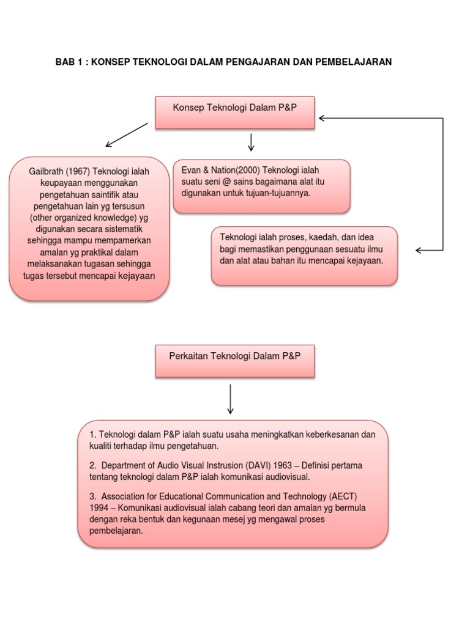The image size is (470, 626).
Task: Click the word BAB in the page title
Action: click(64, 62)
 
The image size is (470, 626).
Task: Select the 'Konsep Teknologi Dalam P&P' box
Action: click(235, 112)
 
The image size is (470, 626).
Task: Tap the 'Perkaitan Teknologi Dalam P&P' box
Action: click(235, 360)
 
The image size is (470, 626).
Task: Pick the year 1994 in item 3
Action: click(100, 507)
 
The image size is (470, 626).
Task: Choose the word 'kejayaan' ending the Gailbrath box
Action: click(137, 275)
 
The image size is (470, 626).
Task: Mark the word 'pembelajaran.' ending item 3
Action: click(116, 531)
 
